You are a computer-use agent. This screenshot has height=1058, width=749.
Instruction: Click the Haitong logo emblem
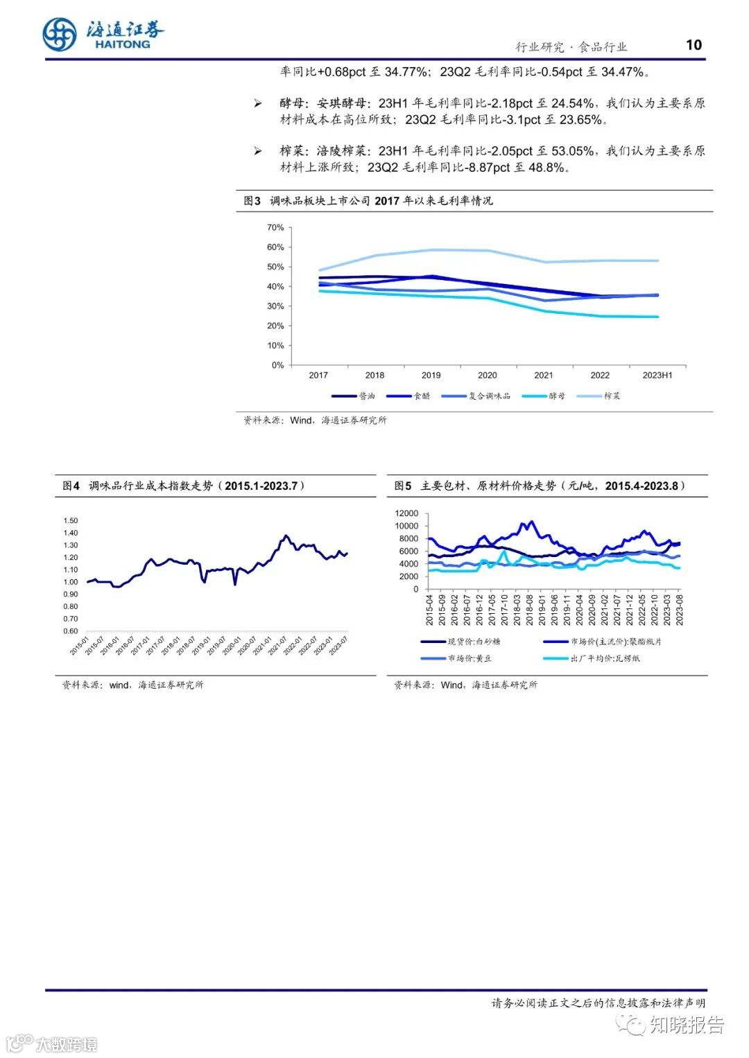(59, 34)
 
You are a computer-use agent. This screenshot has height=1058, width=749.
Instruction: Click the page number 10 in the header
(694, 45)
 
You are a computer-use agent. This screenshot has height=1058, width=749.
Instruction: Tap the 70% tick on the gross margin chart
(275, 227)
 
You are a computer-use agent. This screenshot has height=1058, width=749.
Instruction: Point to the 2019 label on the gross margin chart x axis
(431, 375)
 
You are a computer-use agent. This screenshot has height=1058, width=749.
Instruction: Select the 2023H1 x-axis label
(657, 375)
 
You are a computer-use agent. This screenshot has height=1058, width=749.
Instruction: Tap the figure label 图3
(252, 201)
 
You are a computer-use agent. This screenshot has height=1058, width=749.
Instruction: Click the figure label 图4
(71, 486)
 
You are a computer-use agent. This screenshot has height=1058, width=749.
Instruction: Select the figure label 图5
(403, 486)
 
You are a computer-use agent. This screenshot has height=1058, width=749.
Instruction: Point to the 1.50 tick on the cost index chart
(70, 520)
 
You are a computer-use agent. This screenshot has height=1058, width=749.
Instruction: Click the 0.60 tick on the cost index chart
(70, 631)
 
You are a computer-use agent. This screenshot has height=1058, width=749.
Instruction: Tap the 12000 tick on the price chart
(406, 513)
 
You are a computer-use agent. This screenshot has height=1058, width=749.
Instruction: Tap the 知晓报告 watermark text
(686, 1025)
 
